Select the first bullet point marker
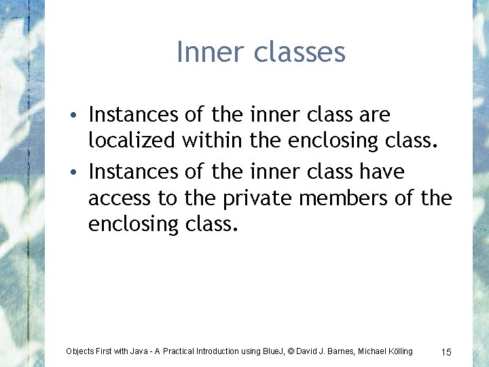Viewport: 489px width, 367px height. tap(79, 115)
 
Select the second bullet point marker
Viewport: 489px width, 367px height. tap(79, 173)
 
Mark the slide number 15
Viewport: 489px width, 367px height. tap(446, 352)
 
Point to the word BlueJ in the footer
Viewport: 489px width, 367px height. tap(272, 351)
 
